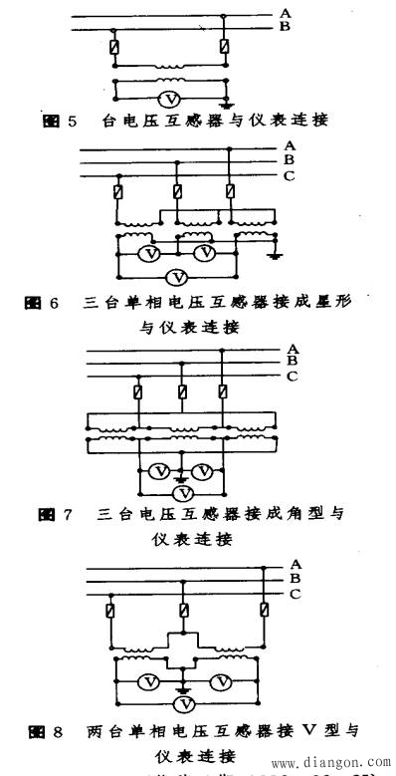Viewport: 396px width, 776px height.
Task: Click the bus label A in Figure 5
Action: point(286,12)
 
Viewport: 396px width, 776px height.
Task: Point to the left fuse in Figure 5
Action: point(117,47)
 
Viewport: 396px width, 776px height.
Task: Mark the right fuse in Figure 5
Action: point(226,47)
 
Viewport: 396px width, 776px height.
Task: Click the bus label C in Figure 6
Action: point(289,175)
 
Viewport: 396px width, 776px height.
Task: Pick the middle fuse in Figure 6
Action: point(176,191)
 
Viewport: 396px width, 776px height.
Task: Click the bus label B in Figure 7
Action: point(293,362)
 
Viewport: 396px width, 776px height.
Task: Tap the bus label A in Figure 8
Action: point(295,564)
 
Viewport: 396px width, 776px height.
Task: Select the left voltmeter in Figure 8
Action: point(146,681)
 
